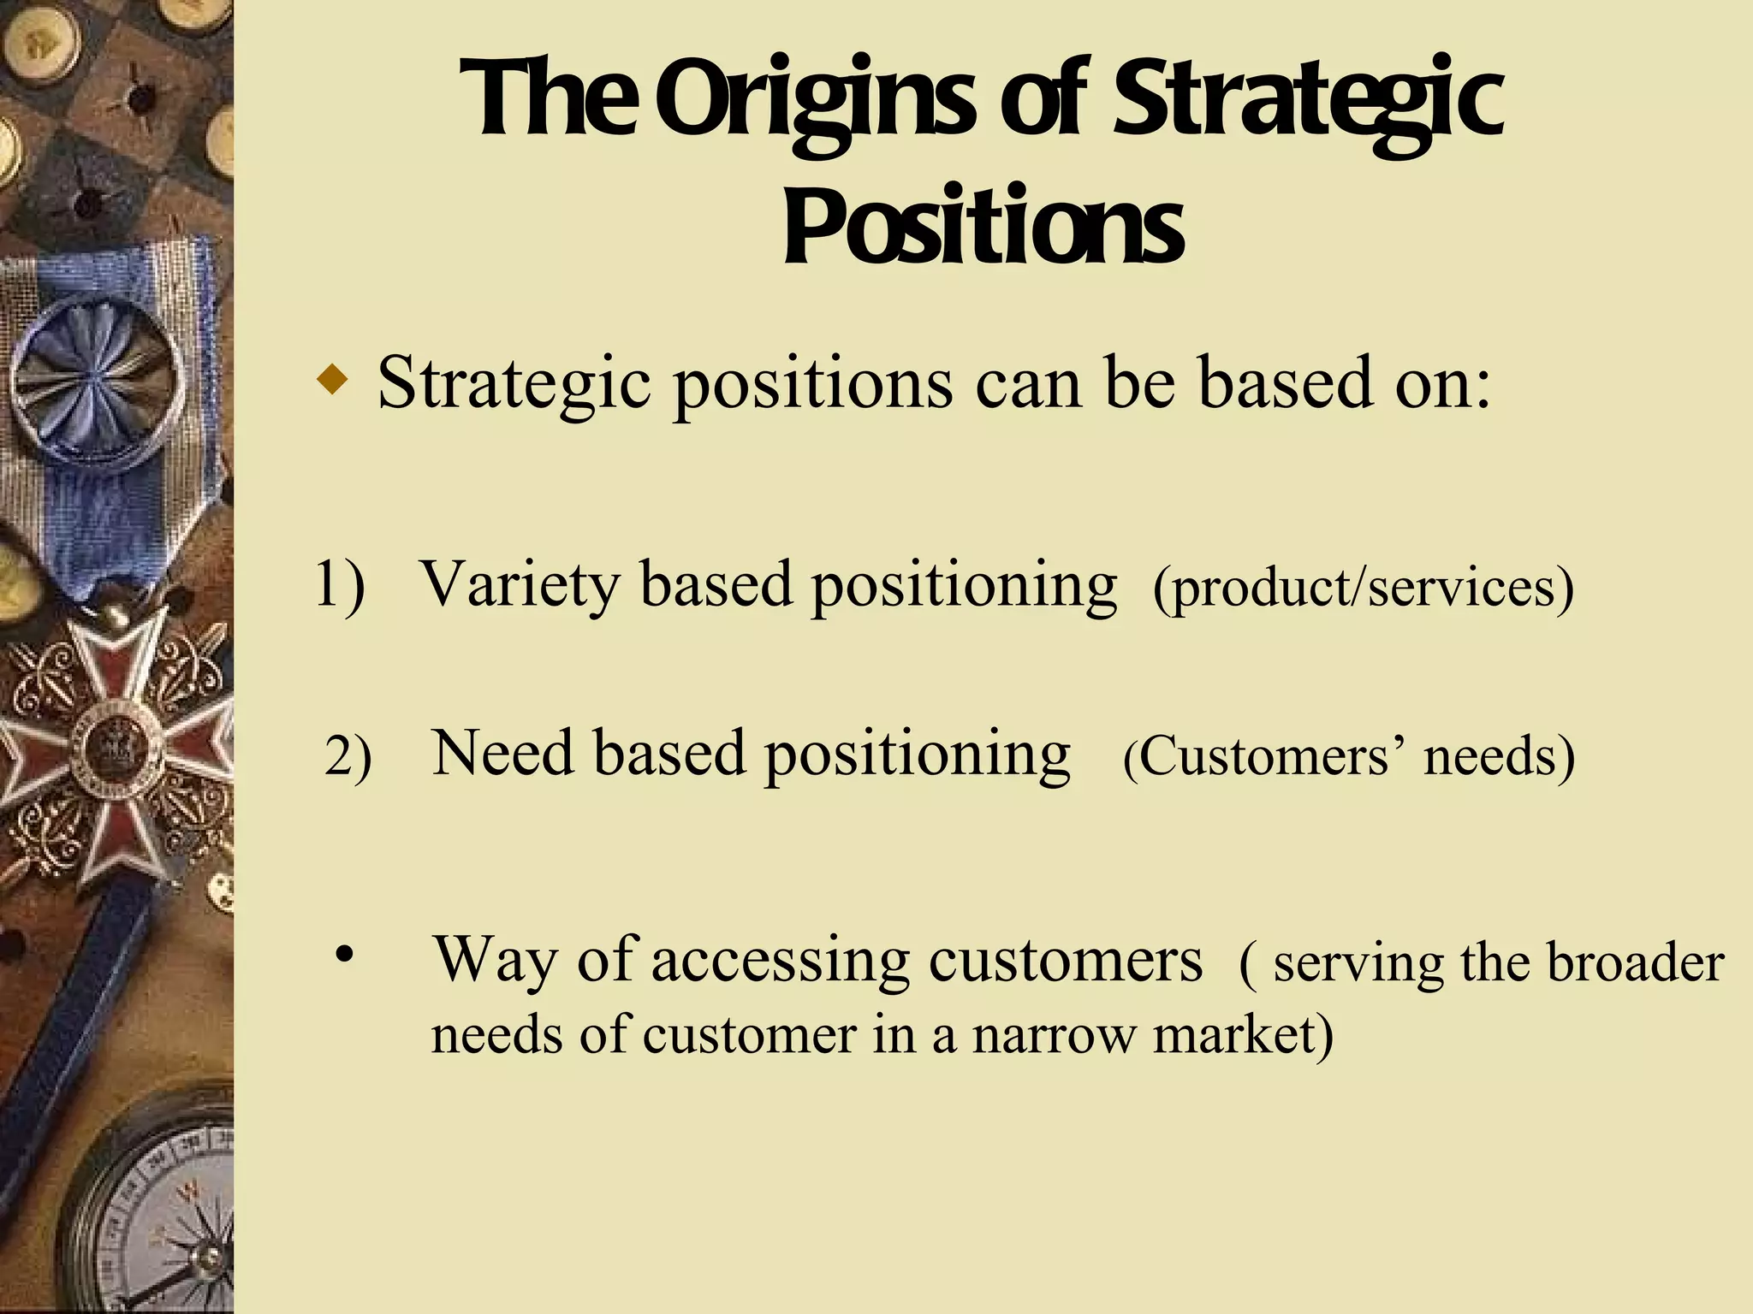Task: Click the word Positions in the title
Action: [983, 228]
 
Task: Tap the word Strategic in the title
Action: [1307, 101]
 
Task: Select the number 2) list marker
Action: [348, 757]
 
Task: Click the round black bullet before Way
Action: [344, 955]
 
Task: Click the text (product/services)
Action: [1363, 589]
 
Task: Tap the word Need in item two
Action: [503, 755]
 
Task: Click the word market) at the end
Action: [1243, 1036]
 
